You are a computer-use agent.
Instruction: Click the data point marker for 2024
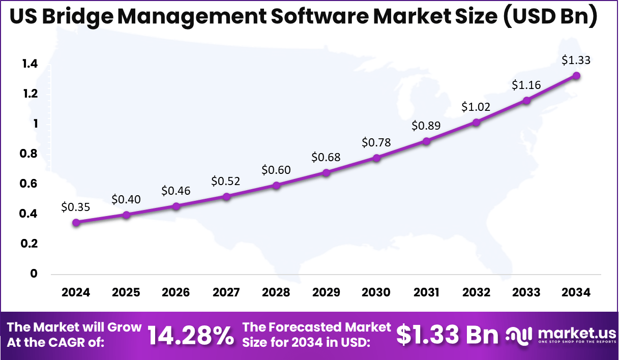tap(76, 222)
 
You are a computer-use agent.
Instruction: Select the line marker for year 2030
tap(376, 158)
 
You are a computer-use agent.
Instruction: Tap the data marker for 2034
tap(576, 76)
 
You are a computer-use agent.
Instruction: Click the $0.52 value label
tap(226, 181)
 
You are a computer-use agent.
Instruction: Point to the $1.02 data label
tap(476, 107)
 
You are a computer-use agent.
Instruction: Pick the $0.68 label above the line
tap(326, 157)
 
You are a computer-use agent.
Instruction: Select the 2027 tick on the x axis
tap(226, 292)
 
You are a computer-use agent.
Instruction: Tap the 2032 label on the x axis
tap(476, 292)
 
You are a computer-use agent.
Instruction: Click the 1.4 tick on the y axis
tap(30, 64)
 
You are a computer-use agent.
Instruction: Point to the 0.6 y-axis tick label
tap(30, 184)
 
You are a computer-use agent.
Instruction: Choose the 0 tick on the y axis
tap(34, 274)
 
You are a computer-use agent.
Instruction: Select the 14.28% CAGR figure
tap(191, 335)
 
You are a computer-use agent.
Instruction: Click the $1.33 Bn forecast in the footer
tap(447, 335)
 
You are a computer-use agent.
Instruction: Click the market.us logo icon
tap(520, 335)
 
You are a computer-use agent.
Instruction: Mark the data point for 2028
tap(276, 185)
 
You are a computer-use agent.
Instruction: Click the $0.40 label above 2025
tap(126, 199)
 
